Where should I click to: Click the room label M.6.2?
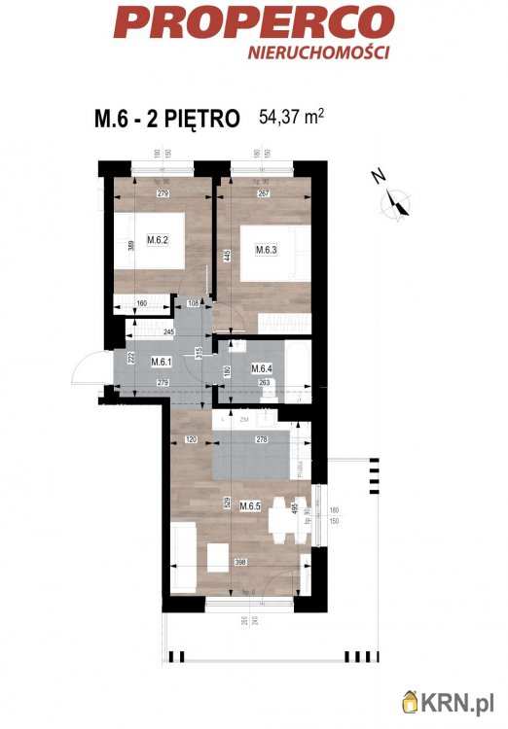[x=159, y=240]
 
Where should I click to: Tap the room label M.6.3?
[x=268, y=249]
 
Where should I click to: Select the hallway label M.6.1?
[x=162, y=363]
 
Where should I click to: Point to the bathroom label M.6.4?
[x=261, y=368]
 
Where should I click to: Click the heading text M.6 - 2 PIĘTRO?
[x=167, y=120]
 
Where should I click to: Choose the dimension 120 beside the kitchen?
[x=192, y=440]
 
